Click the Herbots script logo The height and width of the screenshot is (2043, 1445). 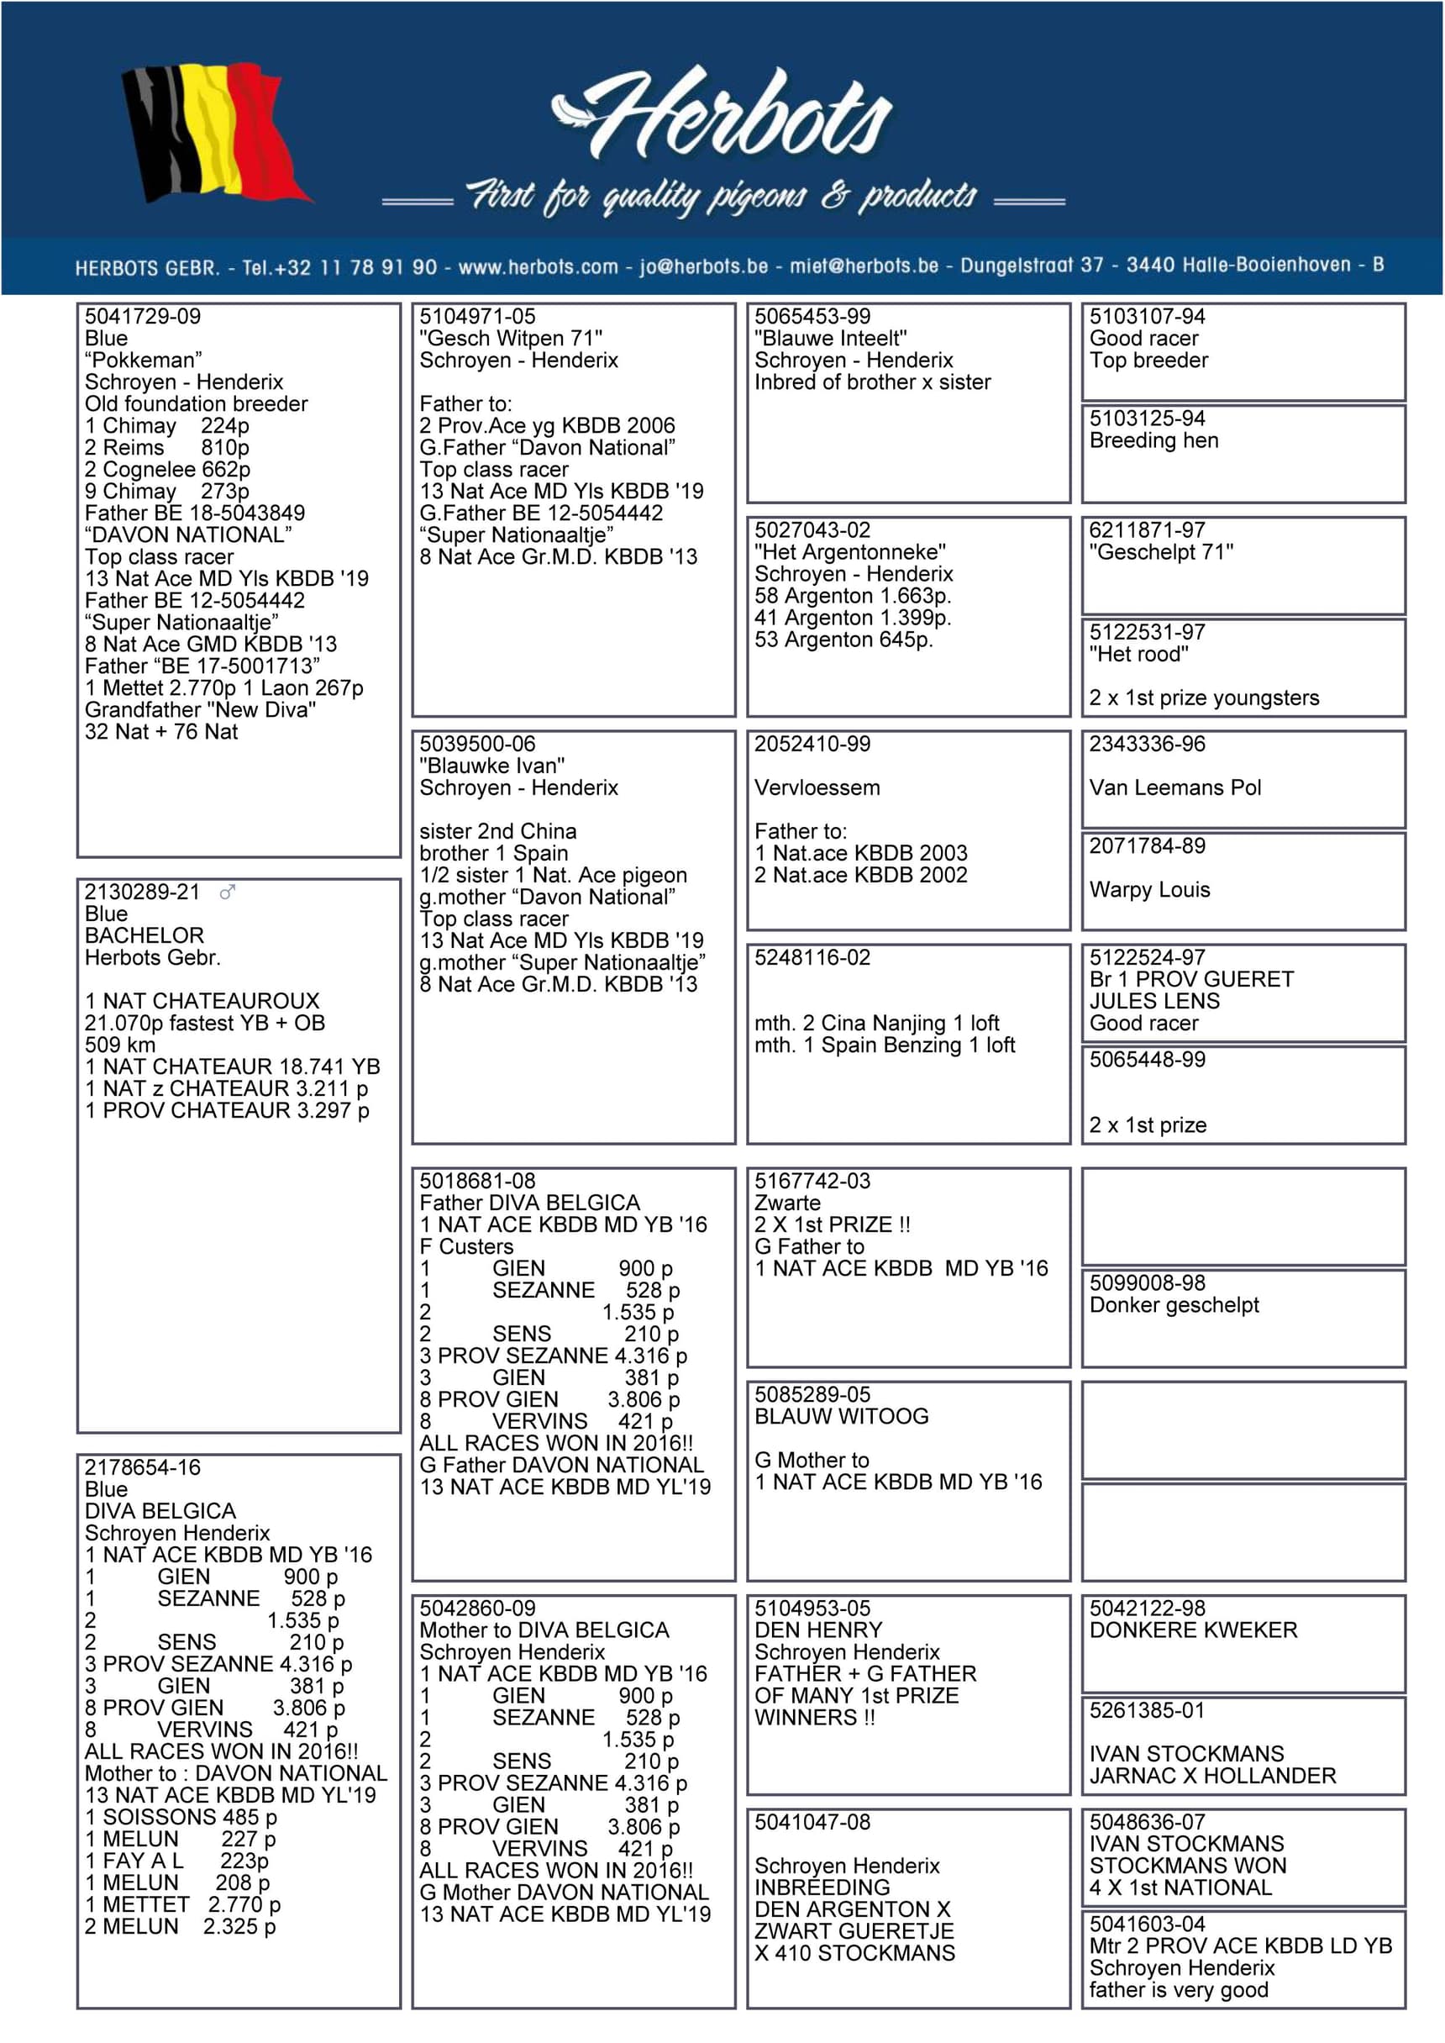(x=722, y=116)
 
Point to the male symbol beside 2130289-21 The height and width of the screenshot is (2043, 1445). (x=228, y=892)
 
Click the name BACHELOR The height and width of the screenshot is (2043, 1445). (x=144, y=935)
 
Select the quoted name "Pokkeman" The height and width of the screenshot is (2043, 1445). (x=142, y=361)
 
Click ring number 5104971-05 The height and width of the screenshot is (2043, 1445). (x=478, y=317)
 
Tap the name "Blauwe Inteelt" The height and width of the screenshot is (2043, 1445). (x=830, y=338)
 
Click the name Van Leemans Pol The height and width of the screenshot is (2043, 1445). (x=1174, y=787)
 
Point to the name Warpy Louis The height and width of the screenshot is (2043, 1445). (x=1148, y=890)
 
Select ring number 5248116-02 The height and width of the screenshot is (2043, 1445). (x=812, y=957)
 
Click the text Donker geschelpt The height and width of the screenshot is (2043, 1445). (x=1174, y=1305)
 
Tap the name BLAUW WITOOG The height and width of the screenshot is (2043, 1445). (x=841, y=1417)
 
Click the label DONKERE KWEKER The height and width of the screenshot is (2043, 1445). (x=1192, y=1630)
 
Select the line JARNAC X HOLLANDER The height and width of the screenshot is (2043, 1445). (x=1212, y=1776)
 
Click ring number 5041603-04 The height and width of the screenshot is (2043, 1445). (x=1147, y=1925)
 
